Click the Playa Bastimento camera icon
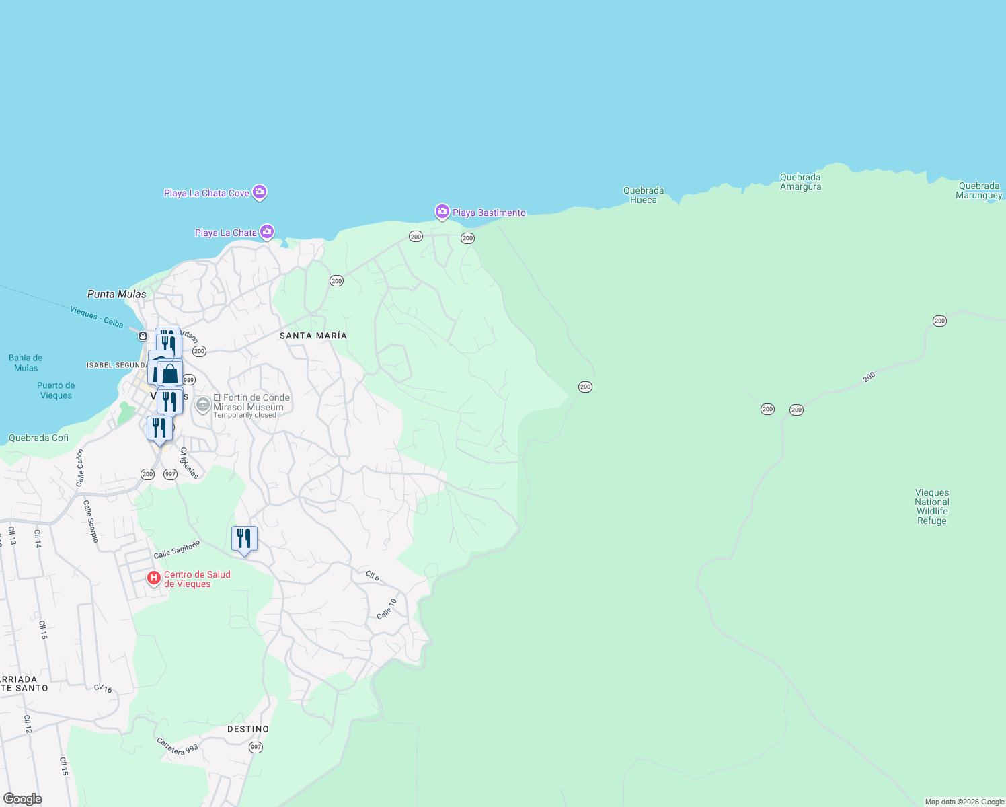tap(442, 212)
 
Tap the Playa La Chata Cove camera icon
tap(260, 192)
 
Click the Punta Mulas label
tap(117, 294)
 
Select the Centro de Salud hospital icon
tap(154, 578)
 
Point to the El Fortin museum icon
tap(202, 406)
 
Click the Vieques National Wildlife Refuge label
tap(932, 506)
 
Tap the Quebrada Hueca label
tap(644, 195)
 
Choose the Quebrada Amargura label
tap(800, 182)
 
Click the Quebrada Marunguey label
tap(979, 190)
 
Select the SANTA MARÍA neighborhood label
tap(313, 336)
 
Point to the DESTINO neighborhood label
tap(248, 729)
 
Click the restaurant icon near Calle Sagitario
tap(244, 539)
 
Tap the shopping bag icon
tap(170, 374)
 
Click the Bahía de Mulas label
tap(26, 362)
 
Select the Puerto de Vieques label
tap(56, 391)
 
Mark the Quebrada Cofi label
tap(38, 438)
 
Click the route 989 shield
tap(189, 380)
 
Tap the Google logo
tap(23, 799)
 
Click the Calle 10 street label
tap(387, 609)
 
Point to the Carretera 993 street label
tap(178, 746)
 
